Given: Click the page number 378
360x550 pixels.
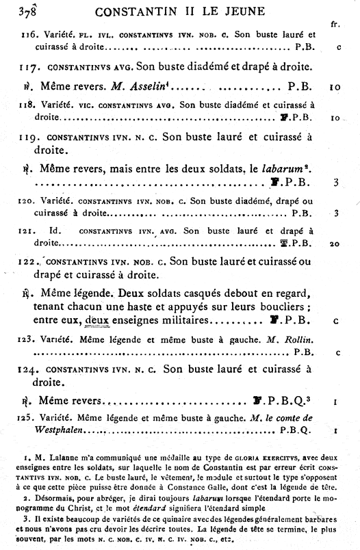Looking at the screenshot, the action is [x=29, y=12].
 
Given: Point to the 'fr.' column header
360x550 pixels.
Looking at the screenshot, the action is [x=334, y=25].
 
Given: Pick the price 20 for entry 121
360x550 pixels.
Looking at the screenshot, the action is [x=334, y=242].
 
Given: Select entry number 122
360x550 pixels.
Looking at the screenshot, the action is [x=31, y=261].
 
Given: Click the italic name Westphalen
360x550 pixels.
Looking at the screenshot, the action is [x=58, y=430].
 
